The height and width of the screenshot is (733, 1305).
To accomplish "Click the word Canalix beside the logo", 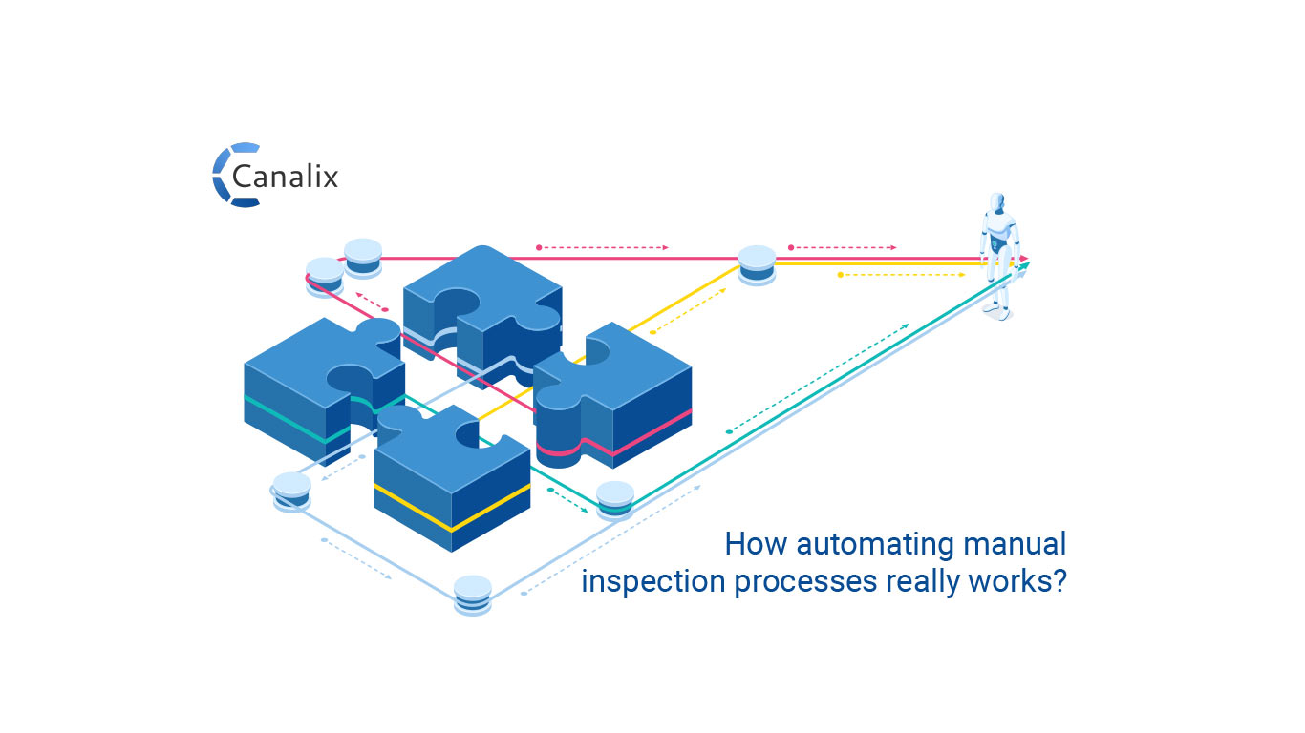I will pos(286,177).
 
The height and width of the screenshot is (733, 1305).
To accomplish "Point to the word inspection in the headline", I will pos(653,581).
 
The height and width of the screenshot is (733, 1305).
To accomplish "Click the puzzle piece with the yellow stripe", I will pos(449,477).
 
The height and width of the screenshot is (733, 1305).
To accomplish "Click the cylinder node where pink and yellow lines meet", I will pos(757,264).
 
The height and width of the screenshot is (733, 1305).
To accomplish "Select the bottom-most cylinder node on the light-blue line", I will pos(472,595).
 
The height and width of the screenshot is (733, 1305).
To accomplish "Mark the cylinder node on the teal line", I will pos(614,500).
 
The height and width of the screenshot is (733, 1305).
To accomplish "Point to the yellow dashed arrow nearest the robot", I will pos(902,275).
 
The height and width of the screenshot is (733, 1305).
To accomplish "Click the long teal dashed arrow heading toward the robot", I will pos(818,378).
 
